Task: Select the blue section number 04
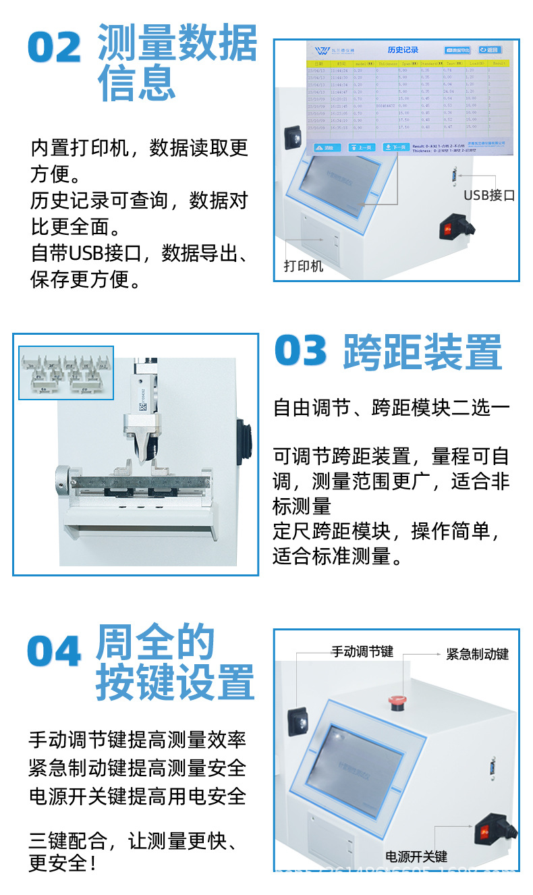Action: click(x=54, y=652)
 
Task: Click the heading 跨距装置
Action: click(x=422, y=352)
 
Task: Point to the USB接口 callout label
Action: click(x=489, y=196)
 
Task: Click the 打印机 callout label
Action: click(x=303, y=266)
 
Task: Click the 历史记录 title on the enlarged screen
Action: click(x=403, y=50)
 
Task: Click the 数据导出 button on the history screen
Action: click(x=457, y=50)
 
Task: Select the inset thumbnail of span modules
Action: click(x=66, y=373)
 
